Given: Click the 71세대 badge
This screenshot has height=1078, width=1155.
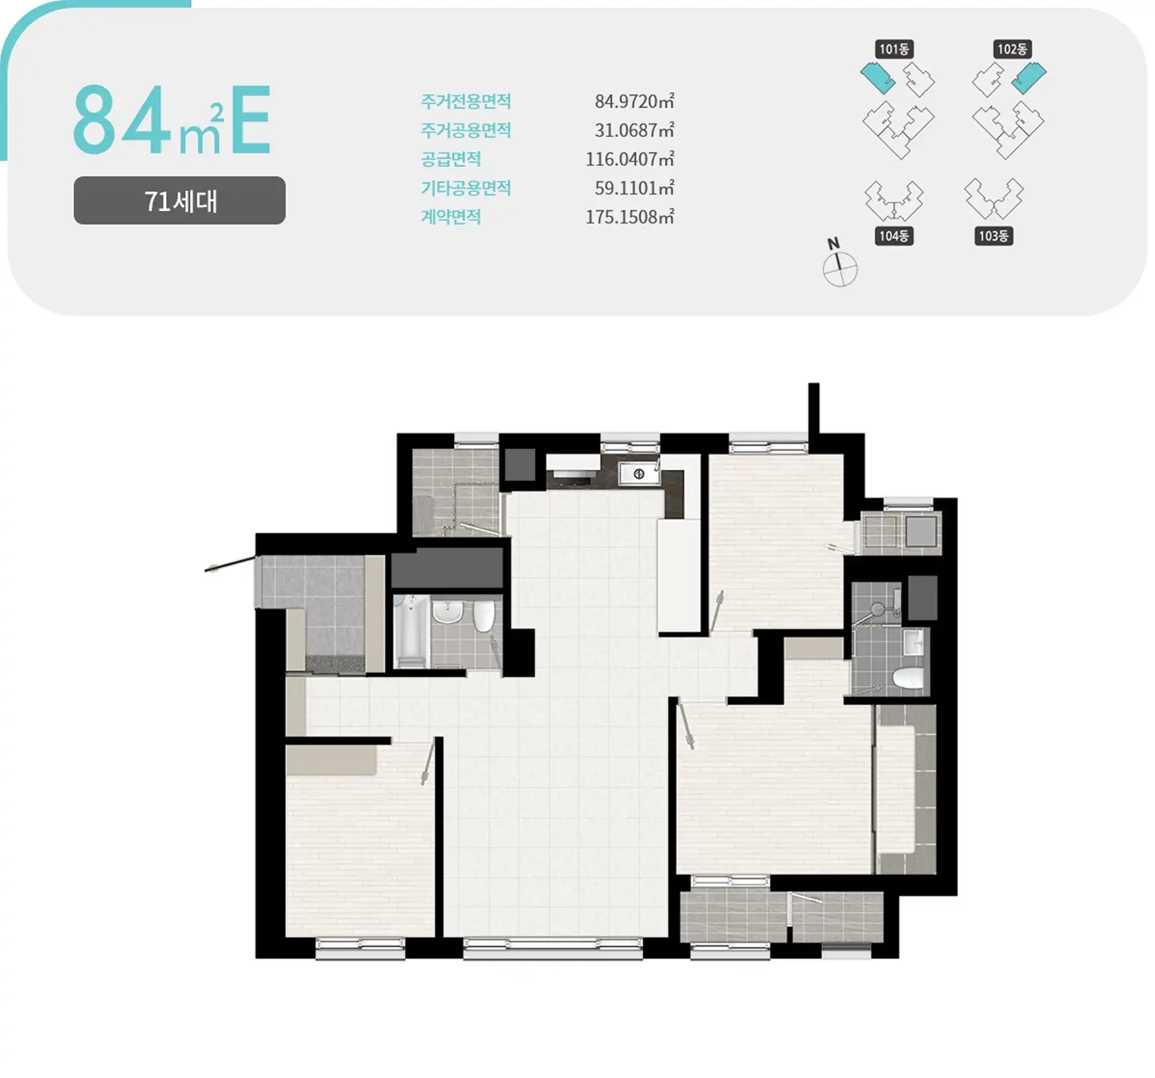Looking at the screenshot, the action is pos(180,200).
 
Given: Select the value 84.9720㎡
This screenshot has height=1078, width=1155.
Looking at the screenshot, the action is pos(634,101).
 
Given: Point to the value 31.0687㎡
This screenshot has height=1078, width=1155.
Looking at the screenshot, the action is pos(634,129).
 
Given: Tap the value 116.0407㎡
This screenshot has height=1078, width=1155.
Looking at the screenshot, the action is pos(629,159).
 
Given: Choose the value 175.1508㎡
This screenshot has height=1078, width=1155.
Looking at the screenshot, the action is pos(629,217).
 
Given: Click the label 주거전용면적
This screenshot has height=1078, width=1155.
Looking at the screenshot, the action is pos(466,101).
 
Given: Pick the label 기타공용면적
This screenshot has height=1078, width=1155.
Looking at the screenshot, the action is pos(466,188).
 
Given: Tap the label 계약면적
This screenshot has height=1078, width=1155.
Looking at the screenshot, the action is pos(451,217).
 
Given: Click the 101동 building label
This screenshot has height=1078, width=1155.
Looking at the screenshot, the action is pos(893,49).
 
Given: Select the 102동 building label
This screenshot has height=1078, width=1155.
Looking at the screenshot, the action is pos(1012,49).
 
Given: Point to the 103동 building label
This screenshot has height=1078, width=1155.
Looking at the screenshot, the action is pos(993,235).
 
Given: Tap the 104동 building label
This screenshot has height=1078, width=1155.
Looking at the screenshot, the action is pos(893,235).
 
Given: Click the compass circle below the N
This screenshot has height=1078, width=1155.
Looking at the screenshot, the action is pos(840,269).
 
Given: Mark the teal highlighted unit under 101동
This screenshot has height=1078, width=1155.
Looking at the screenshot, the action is pos(878,78).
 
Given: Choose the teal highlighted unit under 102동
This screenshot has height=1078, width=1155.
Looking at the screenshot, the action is pos(1029,78).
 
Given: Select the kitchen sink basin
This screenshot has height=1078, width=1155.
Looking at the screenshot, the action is pos(639,474).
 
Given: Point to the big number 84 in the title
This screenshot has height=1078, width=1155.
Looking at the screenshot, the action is pos(122,119).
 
